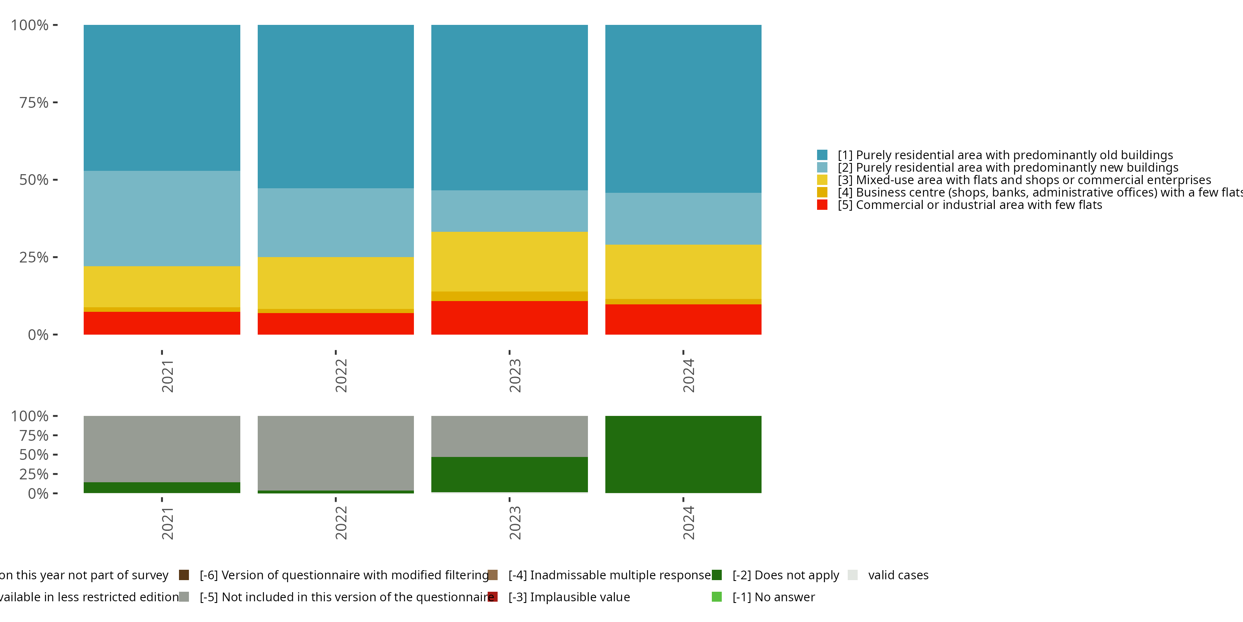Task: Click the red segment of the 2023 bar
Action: (509, 317)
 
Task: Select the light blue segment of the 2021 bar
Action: (162, 218)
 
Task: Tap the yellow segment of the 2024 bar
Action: (683, 272)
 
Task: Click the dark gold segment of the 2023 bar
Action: (509, 296)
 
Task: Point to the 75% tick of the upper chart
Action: (55, 102)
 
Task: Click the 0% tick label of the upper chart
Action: (38, 335)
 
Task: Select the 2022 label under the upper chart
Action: (341, 376)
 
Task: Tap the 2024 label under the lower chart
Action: (688, 523)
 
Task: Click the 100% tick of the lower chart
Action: (55, 416)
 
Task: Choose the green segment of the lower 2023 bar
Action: (509, 474)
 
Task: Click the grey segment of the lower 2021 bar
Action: (162, 449)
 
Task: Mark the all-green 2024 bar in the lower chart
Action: (683, 454)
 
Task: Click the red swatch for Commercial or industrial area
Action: (822, 205)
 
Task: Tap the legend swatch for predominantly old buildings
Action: (822, 155)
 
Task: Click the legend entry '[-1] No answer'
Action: (774, 597)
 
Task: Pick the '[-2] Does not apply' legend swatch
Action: (716, 575)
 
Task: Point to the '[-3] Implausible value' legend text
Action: (569, 597)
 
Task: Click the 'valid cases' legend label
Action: (898, 575)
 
